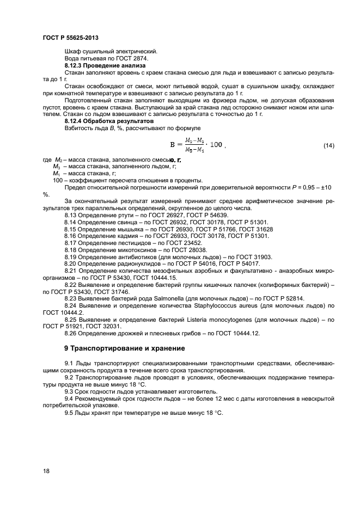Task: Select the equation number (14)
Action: tap(328, 145)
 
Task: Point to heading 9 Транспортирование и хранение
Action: tap(124, 348)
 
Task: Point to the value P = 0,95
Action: tap(300, 187)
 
